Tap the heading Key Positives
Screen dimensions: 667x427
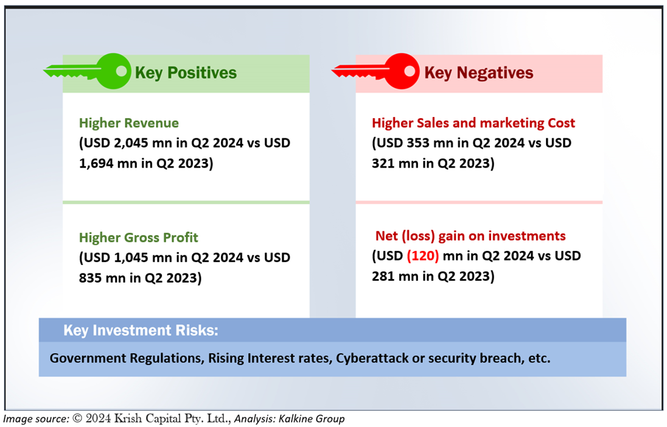186,73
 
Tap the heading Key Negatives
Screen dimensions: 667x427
478,73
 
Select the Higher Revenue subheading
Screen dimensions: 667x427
129,123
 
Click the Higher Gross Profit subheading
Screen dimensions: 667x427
139,238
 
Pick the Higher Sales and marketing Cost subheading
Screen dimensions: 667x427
473,123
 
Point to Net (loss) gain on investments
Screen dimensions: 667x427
470,236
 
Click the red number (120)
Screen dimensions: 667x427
423,256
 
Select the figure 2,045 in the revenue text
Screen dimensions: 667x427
131,143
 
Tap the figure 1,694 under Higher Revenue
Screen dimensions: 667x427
96,163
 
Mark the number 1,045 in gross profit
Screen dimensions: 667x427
131,258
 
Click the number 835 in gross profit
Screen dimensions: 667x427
90,278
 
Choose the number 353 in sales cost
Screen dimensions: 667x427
418,143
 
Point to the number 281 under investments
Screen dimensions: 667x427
383,277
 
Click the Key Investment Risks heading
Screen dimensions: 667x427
141,330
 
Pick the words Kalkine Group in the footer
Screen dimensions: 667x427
312,419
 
